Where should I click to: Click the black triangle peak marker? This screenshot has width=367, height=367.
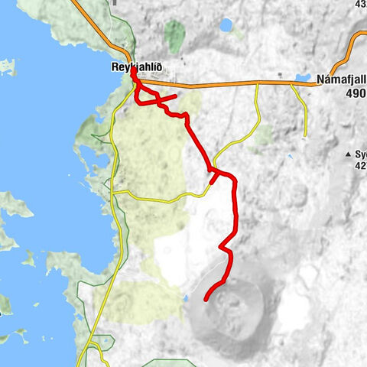(x=349, y=154)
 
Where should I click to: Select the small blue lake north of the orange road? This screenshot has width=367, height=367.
(x=226, y=25)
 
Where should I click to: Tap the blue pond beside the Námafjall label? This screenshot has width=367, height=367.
(x=303, y=78)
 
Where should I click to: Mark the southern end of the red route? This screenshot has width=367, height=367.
(x=207, y=299)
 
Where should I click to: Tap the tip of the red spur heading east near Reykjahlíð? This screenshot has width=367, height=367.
(x=176, y=96)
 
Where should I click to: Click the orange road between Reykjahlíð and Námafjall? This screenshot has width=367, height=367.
(x=222, y=83)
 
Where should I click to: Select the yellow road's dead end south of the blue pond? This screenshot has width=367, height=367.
(x=305, y=138)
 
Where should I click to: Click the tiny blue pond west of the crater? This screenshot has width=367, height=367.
(x=185, y=298)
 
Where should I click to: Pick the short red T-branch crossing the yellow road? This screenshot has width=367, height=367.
(x=213, y=177)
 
